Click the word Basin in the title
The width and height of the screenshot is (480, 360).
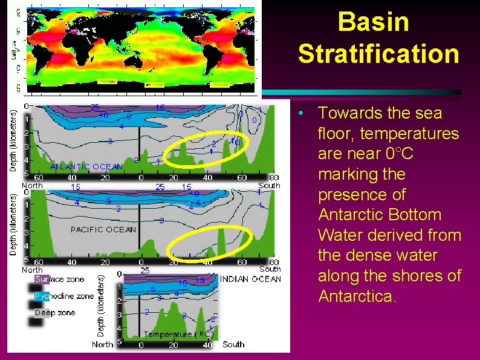coord(373,22)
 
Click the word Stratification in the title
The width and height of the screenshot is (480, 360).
coord(378,54)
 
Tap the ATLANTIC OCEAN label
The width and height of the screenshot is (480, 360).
coord(86,166)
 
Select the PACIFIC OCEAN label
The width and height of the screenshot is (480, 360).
coord(103,229)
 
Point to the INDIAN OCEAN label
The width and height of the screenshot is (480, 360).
coord(250,279)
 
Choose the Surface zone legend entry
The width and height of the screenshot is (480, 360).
coord(59,280)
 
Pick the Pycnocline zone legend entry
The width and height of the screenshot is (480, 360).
coord(63,296)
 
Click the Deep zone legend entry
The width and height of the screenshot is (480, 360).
coord(55,312)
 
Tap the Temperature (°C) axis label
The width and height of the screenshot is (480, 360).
coord(178,334)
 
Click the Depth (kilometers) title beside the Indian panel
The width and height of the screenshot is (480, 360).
coord(102,303)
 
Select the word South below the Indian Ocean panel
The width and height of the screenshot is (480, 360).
coord(233,344)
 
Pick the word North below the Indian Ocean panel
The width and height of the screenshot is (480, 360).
coord(103,344)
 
